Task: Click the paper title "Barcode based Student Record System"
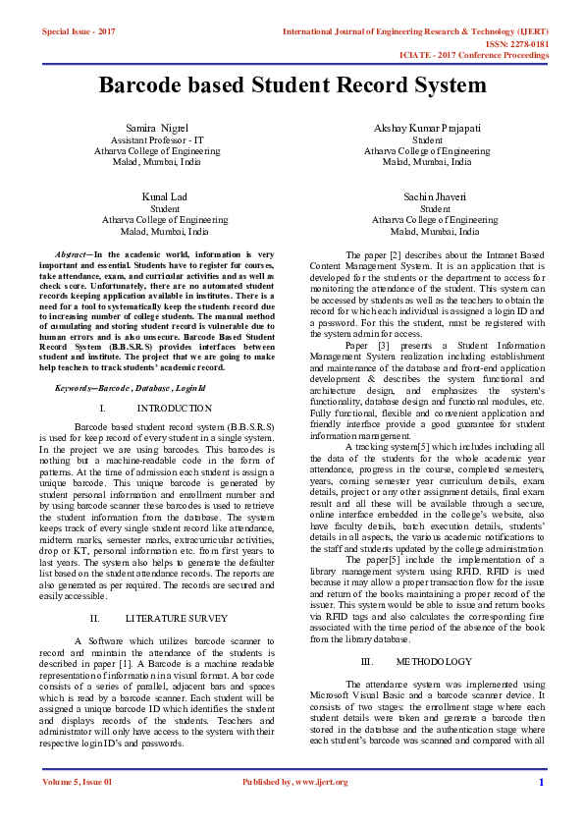(x=292, y=85)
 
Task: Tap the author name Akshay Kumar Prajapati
(x=426, y=129)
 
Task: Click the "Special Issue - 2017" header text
(x=79, y=32)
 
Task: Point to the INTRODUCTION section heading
(x=168, y=407)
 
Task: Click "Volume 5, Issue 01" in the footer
(x=78, y=782)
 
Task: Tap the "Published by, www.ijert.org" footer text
(x=294, y=782)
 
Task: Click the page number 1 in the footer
(x=541, y=782)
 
